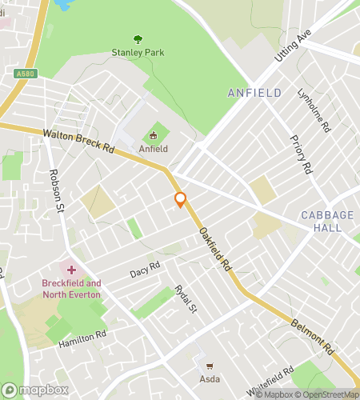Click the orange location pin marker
[x=181, y=199]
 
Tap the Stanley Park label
[x=138, y=54]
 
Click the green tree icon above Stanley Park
[x=138, y=38]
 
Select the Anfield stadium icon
[x=154, y=134]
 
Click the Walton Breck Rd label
[x=78, y=142]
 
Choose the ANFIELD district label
[x=254, y=93]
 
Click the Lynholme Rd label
[x=313, y=110]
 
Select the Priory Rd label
[x=301, y=154]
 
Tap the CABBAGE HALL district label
[x=321, y=222]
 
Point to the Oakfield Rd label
[x=214, y=248]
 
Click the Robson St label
[x=56, y=192]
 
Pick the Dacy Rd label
[x=145, y=270]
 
